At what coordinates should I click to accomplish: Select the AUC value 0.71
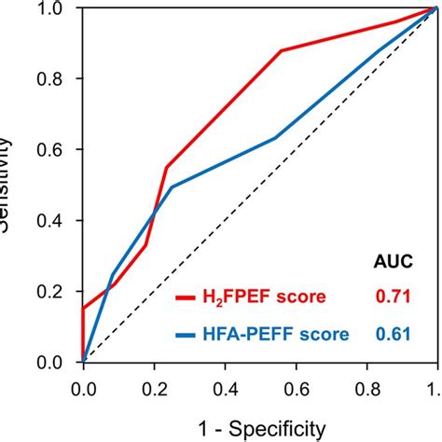tap(393, 297)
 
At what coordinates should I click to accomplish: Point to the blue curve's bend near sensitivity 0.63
tap(276, 138)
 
